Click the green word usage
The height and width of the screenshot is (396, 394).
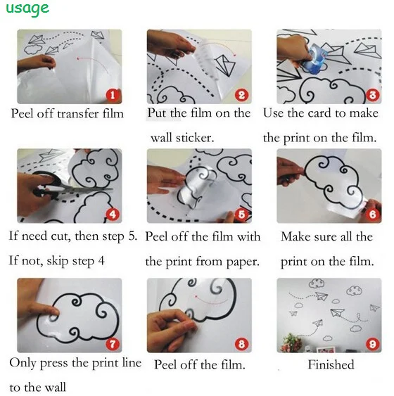pos(27,9)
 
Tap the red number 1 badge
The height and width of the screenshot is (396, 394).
pos(113,95)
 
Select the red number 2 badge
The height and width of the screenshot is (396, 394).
pos(242,95)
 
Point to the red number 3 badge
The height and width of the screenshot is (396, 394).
pos(372,95)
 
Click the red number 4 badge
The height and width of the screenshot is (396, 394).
pos(113,215)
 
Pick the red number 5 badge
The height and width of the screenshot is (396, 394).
pos(242,215)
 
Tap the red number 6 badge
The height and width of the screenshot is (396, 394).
pos(372,215)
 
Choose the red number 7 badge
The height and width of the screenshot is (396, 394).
pos(113,344)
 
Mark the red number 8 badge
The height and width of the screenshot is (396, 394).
pos(242,344)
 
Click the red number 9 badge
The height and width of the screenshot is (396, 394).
pos(372,344)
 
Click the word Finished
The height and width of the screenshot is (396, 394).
pos(331,364)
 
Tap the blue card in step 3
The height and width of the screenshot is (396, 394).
pos(315,58)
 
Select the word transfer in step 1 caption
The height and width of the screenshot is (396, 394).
pos(78,114)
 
